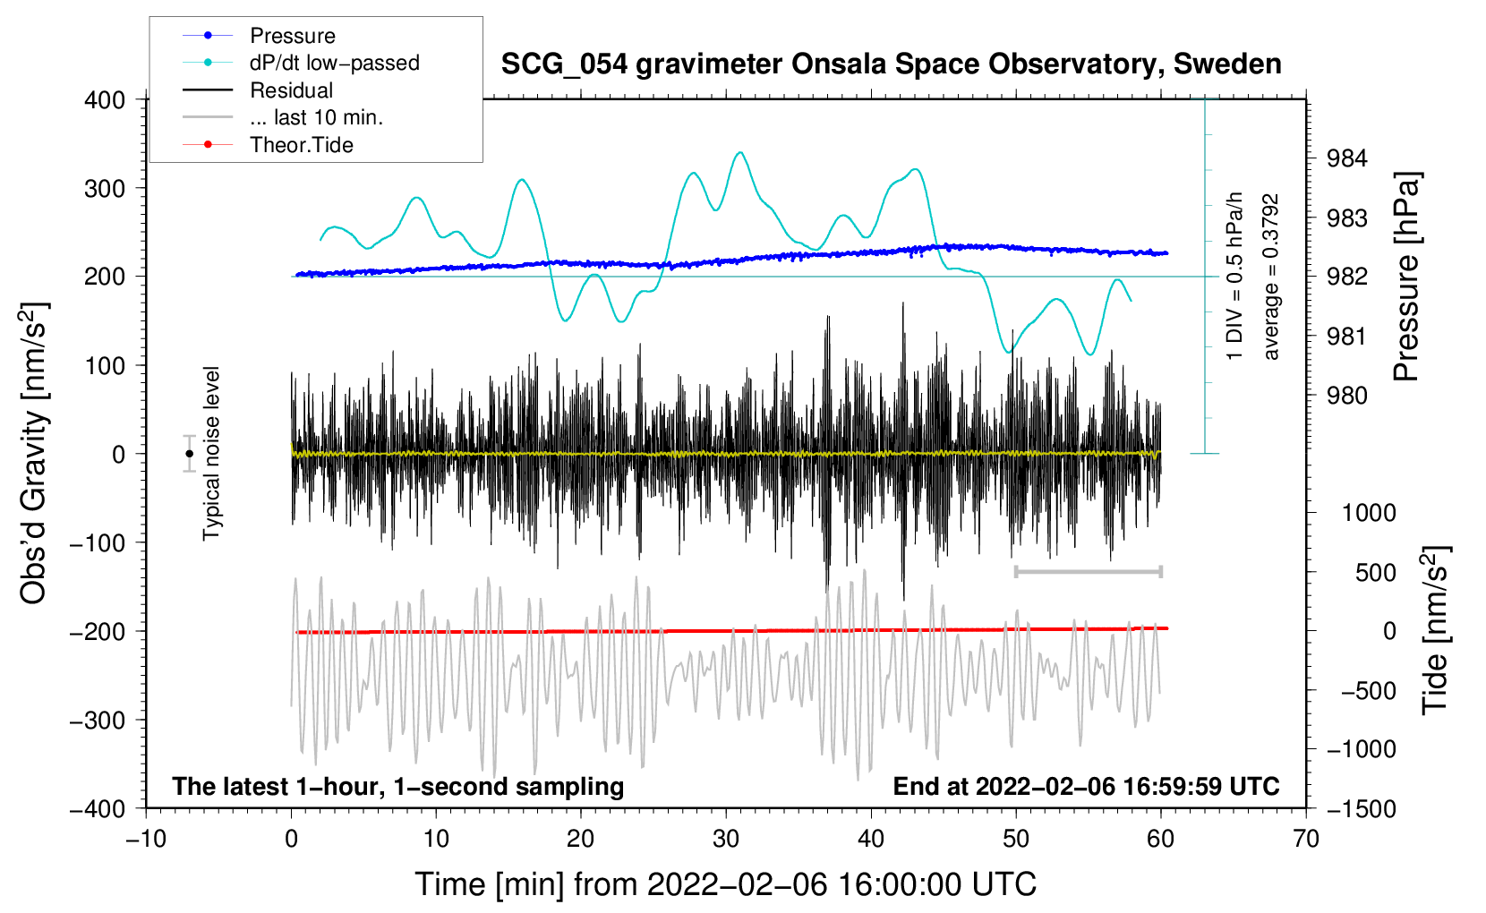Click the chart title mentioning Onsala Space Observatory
click(x=891, y=64)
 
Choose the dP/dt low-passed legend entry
click(x=334, y=63)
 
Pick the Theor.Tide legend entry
click(x=301, y=145)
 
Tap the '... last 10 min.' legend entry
click(x=316, y=117)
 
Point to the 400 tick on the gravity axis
click(x=105, y=100)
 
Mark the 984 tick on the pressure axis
click(x=1347, y=159)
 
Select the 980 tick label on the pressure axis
click(x=1347, y=396)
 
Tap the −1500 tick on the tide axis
click(x=1361, y=809)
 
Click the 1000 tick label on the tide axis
click(x=1369, y=513)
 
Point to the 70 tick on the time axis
click(x=1306, y=839)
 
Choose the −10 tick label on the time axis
click(x=146, y=839)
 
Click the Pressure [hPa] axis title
click(x=1406, y=277)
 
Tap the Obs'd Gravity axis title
click(x=34, y=453)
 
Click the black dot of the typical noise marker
click(x=190, y=454)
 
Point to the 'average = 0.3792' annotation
click(x=1271, y=277)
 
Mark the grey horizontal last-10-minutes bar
click(x=1088, y=571)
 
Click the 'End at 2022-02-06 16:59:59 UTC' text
click(x=1086, y=787)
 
